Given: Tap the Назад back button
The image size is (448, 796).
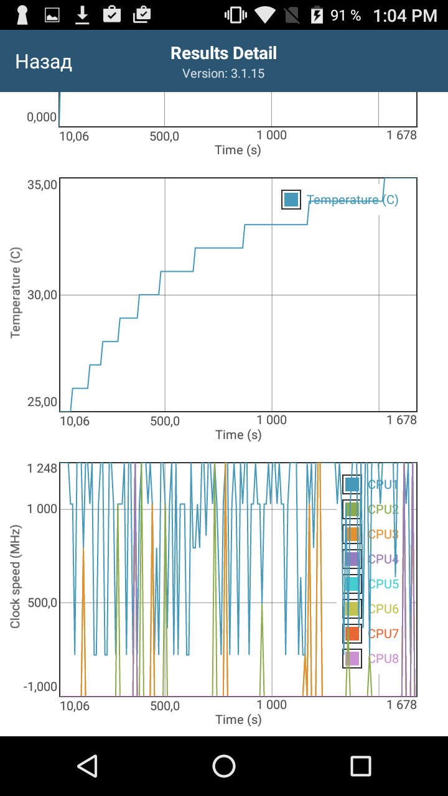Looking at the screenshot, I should coord(44,62).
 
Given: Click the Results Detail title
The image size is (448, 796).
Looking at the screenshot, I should coord(223,53).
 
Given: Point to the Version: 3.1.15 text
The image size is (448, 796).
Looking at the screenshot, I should coord(223,73).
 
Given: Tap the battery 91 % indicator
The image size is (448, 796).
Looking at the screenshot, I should coord(336,16).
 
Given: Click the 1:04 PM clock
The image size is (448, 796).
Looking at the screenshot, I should coord(405,16).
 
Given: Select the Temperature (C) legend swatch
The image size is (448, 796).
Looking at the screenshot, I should coord(291,200).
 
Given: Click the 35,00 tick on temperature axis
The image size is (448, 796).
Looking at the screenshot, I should coord(42,185).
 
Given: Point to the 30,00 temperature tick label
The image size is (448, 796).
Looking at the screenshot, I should coord(42,295).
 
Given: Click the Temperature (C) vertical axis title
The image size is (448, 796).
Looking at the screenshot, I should coord(16,292).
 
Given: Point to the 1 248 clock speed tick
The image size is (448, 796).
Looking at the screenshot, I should coord(42,468).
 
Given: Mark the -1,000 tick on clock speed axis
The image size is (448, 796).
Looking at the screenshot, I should coord(40,687).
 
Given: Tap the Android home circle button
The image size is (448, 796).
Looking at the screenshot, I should coord(223,766).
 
